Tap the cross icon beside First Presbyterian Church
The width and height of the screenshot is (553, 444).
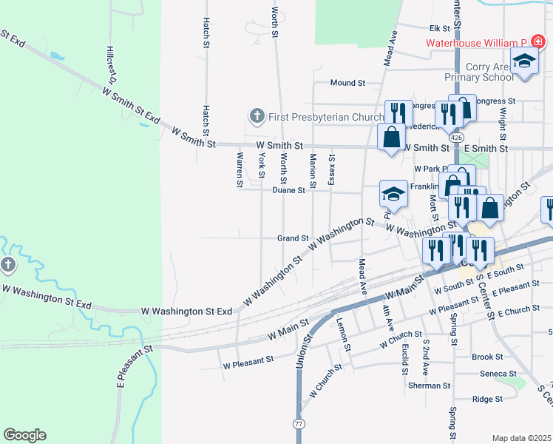(x=257, y=116)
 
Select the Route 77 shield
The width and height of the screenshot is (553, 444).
(x=299, y=423)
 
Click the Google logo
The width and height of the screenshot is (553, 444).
(x=24, y=435)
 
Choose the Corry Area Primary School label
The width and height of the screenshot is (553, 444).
(x=478, y=72)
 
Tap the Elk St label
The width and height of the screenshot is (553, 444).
(x=440, y=28)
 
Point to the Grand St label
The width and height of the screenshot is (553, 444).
(x=292, y=238)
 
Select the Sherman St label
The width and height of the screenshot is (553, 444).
(x=429, y=386)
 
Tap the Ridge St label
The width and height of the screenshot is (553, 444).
(x=486, y=399)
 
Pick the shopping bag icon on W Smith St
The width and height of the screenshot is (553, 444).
(x=391, y=137)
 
